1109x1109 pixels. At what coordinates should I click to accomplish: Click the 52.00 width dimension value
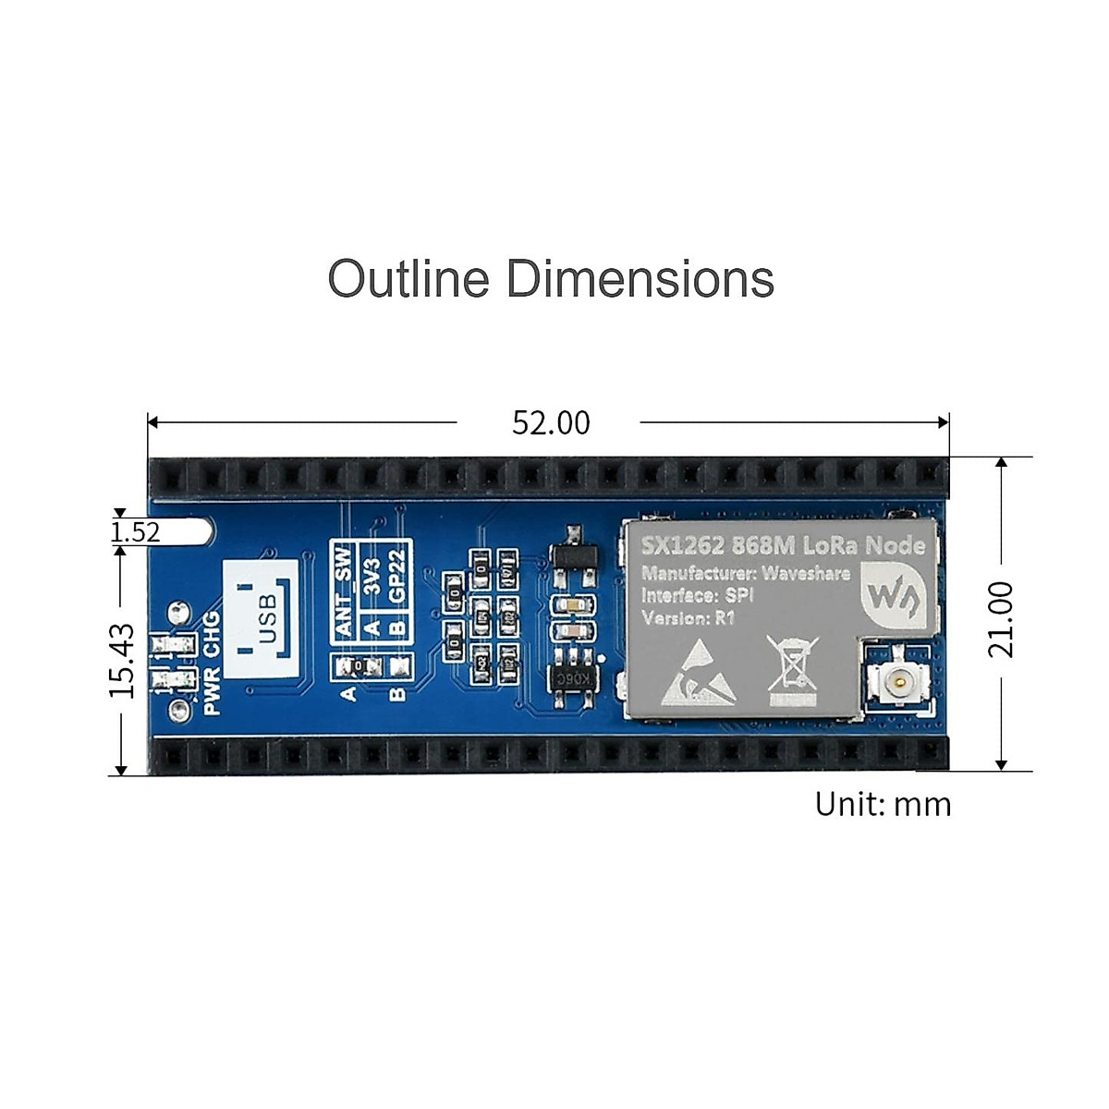(551, 423)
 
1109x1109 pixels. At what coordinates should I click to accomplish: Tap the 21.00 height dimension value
(1001, 618)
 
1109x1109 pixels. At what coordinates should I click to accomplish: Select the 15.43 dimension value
(122, 660)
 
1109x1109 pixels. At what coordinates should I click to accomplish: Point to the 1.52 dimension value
(135, 532)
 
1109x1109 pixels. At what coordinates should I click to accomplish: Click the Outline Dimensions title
(551, 278)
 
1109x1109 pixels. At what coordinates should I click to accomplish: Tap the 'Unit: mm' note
(883, 804)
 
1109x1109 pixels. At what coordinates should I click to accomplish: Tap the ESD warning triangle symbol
(698, 671)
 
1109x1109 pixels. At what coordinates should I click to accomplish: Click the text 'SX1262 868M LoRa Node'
(783, 545)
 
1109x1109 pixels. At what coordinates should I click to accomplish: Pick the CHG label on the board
(212, 634)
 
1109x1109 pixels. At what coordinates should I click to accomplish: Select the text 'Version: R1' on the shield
(688, 617)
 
